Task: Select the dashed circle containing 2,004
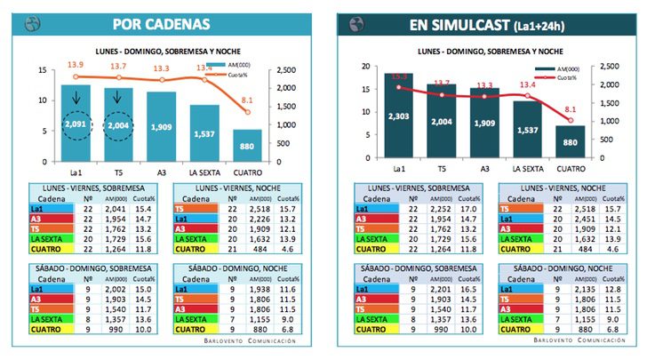click(117, 126)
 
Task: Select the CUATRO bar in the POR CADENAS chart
click(248, 146)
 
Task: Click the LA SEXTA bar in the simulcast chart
click(527, 131)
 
